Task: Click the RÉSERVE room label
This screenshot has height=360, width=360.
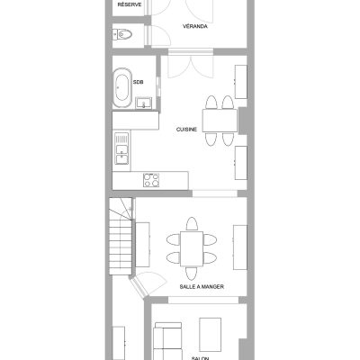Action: (130, 4)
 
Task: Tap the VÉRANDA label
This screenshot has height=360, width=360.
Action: (195, 26)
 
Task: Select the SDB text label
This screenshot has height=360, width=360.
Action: (139, 82)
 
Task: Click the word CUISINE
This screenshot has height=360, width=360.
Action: (186, 130)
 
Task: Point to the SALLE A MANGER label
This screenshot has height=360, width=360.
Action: (202, 287)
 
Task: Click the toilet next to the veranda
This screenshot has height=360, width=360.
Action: (122, 34)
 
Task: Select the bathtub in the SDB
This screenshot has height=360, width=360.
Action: (122, 88)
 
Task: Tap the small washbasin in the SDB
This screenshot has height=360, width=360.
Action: (143, 103)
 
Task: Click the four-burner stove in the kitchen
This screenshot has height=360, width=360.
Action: (151, 180)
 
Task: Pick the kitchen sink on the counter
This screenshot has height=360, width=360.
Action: (121, 148)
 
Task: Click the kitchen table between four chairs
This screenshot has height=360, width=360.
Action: (220, 121)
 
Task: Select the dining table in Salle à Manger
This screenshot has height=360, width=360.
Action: (192, 248)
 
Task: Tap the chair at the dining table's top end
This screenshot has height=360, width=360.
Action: (192, 224)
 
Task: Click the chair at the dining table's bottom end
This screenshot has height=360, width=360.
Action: (192, 274)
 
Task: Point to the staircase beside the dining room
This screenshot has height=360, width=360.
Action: (121, 236)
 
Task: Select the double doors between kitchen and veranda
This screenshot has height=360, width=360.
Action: (191, 67)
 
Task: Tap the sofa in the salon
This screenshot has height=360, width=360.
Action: (167, 341)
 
